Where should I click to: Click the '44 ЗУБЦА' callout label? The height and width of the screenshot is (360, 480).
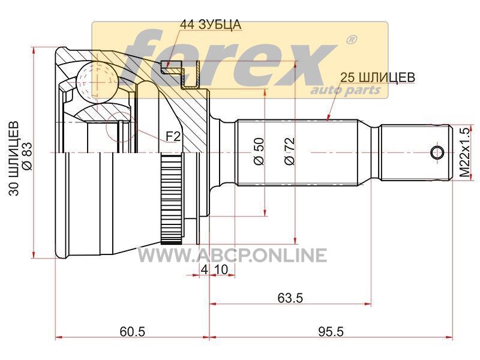[211, 25]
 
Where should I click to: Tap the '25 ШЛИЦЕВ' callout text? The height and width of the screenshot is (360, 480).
[378, 77]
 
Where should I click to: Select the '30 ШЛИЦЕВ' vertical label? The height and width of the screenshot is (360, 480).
[13, 158]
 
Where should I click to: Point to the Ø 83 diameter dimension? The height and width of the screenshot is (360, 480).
[27, 156]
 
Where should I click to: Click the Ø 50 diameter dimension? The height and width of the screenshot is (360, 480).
[259, 151]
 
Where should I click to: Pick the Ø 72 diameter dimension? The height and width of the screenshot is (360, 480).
[289, 151]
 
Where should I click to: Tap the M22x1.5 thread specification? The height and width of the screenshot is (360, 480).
[464, 152]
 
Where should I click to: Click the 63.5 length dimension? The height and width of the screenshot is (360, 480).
[290, 298]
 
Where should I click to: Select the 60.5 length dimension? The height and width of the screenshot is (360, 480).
[132, 331]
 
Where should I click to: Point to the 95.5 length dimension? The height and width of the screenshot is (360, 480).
[331, 331]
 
